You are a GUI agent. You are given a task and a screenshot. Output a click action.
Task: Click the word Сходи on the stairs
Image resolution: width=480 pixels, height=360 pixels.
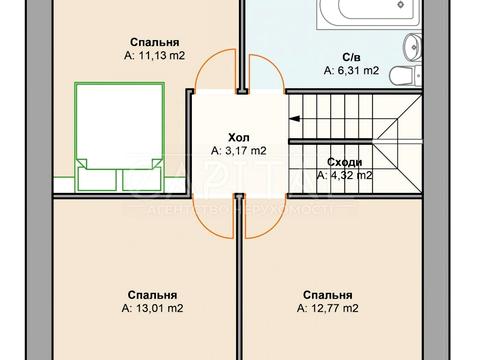[344, 161]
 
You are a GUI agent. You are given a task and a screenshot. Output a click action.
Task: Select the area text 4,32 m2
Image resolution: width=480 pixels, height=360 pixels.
[344, 175]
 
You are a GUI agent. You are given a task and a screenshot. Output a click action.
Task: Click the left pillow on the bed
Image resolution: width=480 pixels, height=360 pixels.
[96, 178]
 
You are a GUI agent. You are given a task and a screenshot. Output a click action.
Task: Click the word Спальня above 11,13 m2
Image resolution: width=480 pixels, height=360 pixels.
[154, 43]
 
